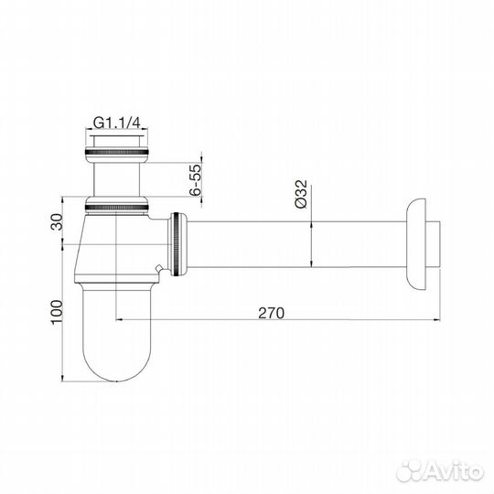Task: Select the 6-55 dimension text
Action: (195, 180)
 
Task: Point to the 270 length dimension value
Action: (271, 312)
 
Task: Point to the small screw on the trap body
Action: (161, 269)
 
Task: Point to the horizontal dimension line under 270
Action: (274, 320)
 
